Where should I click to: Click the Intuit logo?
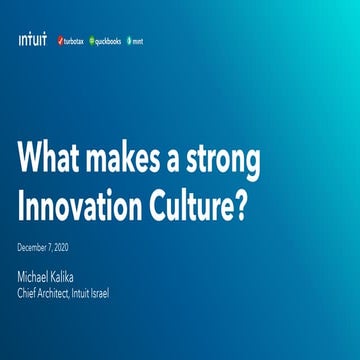point(32,41)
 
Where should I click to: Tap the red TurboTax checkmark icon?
point(58,42)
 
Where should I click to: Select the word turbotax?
point(72,42)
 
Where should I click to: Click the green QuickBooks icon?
point(91,42)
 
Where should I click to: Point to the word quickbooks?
point(107,42)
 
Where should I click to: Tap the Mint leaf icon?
point(129,42)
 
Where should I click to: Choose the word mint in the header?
point(139,42)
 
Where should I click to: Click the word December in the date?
point(33,245)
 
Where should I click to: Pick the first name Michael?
point(38,275)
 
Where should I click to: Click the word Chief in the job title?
point(29,292)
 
